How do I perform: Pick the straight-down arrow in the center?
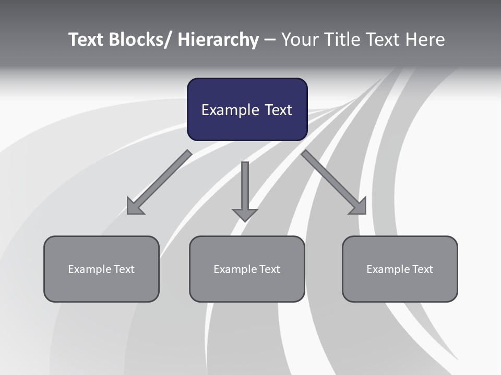[x=245, y=187]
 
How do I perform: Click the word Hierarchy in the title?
[x=218, y=40]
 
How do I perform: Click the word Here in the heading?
[x=426, y=40]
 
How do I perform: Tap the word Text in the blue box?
[x=277, y=110]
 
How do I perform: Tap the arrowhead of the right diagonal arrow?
[x=358, y=206]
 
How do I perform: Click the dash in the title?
[x=270, y=40]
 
